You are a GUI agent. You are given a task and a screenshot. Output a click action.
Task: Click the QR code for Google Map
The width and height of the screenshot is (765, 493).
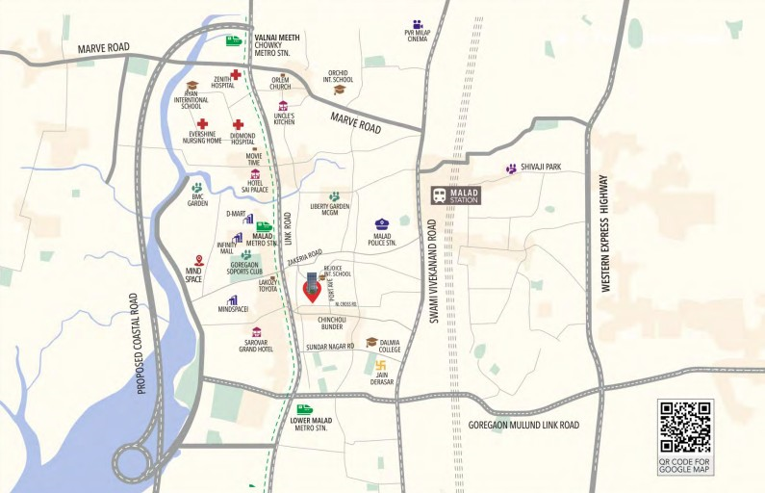[x=685, y=427]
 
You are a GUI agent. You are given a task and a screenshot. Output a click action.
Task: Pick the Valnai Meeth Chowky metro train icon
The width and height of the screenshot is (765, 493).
[x=233, y=40]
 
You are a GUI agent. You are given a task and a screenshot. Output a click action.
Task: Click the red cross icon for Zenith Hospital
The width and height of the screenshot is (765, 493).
[x=235, y=74]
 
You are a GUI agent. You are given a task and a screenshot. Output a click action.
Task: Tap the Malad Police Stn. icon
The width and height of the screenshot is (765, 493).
[x=381, y=224]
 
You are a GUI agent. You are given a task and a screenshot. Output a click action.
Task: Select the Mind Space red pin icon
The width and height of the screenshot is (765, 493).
[x=199, y=260]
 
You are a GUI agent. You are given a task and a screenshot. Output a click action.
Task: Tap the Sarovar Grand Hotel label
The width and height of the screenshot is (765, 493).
[x=256, y=346]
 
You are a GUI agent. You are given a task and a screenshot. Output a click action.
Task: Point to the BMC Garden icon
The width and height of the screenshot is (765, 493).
[x=197, y=188]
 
